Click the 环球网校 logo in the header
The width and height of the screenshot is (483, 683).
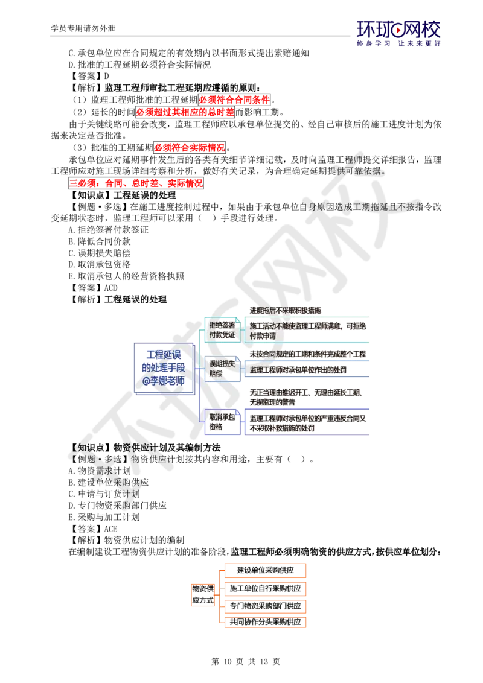[x=398, y=33]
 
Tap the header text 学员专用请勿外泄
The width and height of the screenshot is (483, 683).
[x=83, y=28]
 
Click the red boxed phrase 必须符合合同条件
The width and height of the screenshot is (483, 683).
[x=234, y=100]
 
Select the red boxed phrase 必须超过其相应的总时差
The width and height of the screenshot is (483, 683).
[x=185, y=112]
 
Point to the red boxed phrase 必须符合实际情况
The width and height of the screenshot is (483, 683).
[x=190, y=148]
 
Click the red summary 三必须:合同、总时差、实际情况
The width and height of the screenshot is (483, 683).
[x=136, y=183]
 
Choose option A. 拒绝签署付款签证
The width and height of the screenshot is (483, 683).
[x=108, y=230]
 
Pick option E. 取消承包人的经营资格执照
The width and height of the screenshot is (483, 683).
[x=126, y=276]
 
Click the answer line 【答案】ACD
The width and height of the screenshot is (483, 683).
[x=94, y=288]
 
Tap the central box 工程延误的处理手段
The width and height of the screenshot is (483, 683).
[x=164, y=368]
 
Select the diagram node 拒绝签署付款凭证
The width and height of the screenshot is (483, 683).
[x=222, y=330]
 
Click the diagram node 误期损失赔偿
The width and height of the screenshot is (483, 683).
[x=222, y=369]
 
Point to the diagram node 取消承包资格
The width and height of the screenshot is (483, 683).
[x=222, y=422]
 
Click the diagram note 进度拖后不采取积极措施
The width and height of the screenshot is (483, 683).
[x=286, y=311]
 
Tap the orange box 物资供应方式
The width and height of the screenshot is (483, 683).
[x=203, y=594]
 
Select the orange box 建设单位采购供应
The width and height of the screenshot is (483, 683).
[x=266, y=570]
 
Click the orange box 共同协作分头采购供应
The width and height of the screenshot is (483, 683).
[x=266, y=622]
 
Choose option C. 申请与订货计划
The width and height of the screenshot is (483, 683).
[x=104, y=494]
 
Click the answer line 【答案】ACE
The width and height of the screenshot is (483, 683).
[x=94, y=529]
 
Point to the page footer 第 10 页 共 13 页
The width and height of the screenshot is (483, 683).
[x=245, y=661]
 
